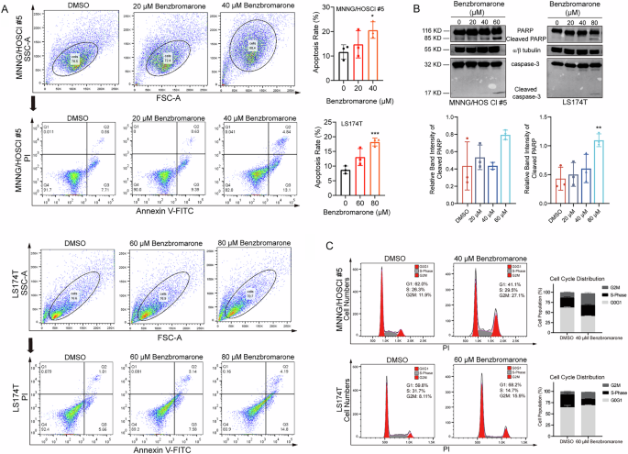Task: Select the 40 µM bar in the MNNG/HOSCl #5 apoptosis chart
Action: [x=372, y=45]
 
